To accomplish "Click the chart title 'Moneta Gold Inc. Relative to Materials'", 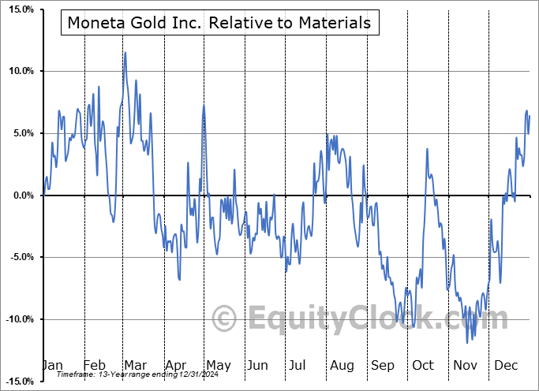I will tap(219, 23).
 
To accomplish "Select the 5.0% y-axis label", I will tap(20, 133).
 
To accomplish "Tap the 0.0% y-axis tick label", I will tap(20, 195).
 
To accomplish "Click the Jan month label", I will tap(52, 365).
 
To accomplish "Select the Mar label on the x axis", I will tap(134, 365).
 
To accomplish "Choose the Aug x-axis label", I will tap(342, 365).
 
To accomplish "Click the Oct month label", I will tap(423, 365).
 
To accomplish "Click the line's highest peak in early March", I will tap(125, 53).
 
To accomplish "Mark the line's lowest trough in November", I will tap(467, 342).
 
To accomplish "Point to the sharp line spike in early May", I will tap(204, 106).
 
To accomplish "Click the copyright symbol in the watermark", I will tap(225, 318).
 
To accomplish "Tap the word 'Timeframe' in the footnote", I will tap(76, 374).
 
